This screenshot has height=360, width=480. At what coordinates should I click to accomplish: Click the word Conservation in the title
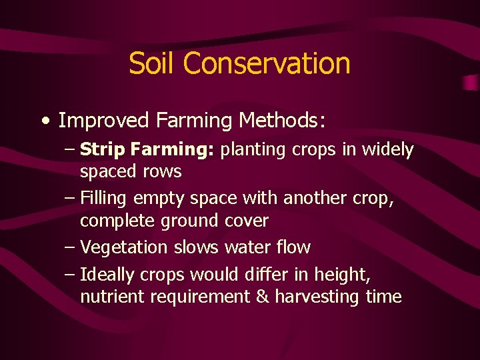267,63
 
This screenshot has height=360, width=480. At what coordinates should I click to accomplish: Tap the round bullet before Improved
45,121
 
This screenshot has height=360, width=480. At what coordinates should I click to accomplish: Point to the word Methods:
283,121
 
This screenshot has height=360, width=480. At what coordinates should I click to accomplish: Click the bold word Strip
103,150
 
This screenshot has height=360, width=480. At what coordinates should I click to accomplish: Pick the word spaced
108,172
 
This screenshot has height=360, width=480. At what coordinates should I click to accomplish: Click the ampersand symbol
263,297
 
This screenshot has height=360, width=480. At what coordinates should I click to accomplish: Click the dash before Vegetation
70,247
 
